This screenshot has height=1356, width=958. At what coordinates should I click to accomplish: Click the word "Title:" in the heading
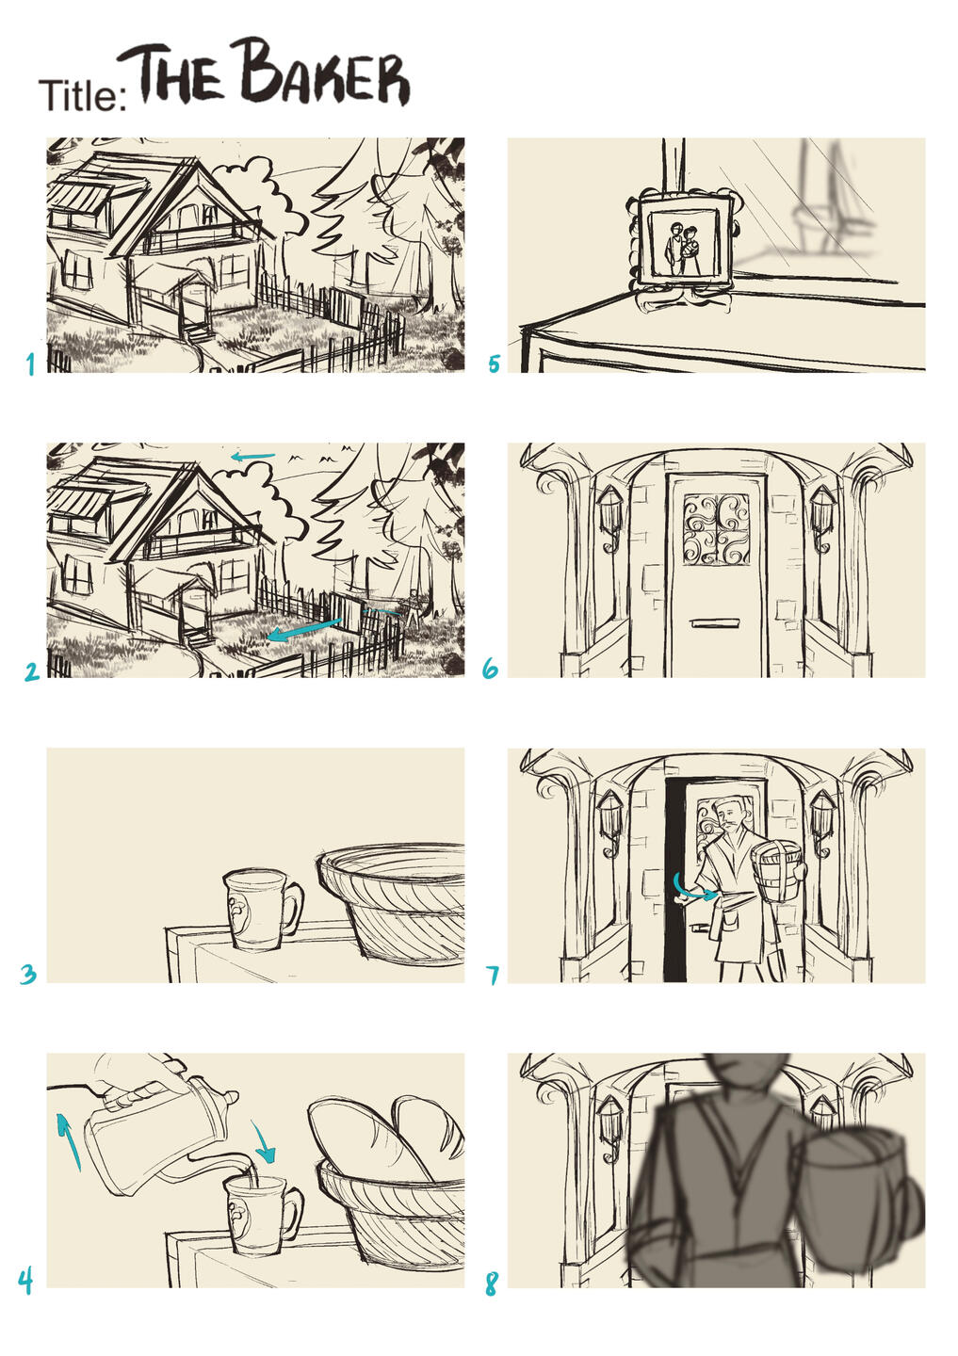[x=83, y=95]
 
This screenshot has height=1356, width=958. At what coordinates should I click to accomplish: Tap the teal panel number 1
[x=30, y=363]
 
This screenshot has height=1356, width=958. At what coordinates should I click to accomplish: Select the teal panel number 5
[x=495, y=363]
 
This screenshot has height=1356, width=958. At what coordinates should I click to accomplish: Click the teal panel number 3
[x=28, y=975]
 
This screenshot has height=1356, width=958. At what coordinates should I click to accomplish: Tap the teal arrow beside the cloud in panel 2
[x=252, y=457]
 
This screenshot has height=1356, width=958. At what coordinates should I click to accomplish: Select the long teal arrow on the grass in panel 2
[x=304, y=629]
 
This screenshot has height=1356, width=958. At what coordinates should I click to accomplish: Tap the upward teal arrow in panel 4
[x=68, y=1140]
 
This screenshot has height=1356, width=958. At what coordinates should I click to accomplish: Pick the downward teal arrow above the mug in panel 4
[x=264, y=1140]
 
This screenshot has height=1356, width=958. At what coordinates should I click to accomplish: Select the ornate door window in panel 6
[x=716, y=529]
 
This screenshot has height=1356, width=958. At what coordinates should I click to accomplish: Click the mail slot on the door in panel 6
[x=715, y=622]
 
